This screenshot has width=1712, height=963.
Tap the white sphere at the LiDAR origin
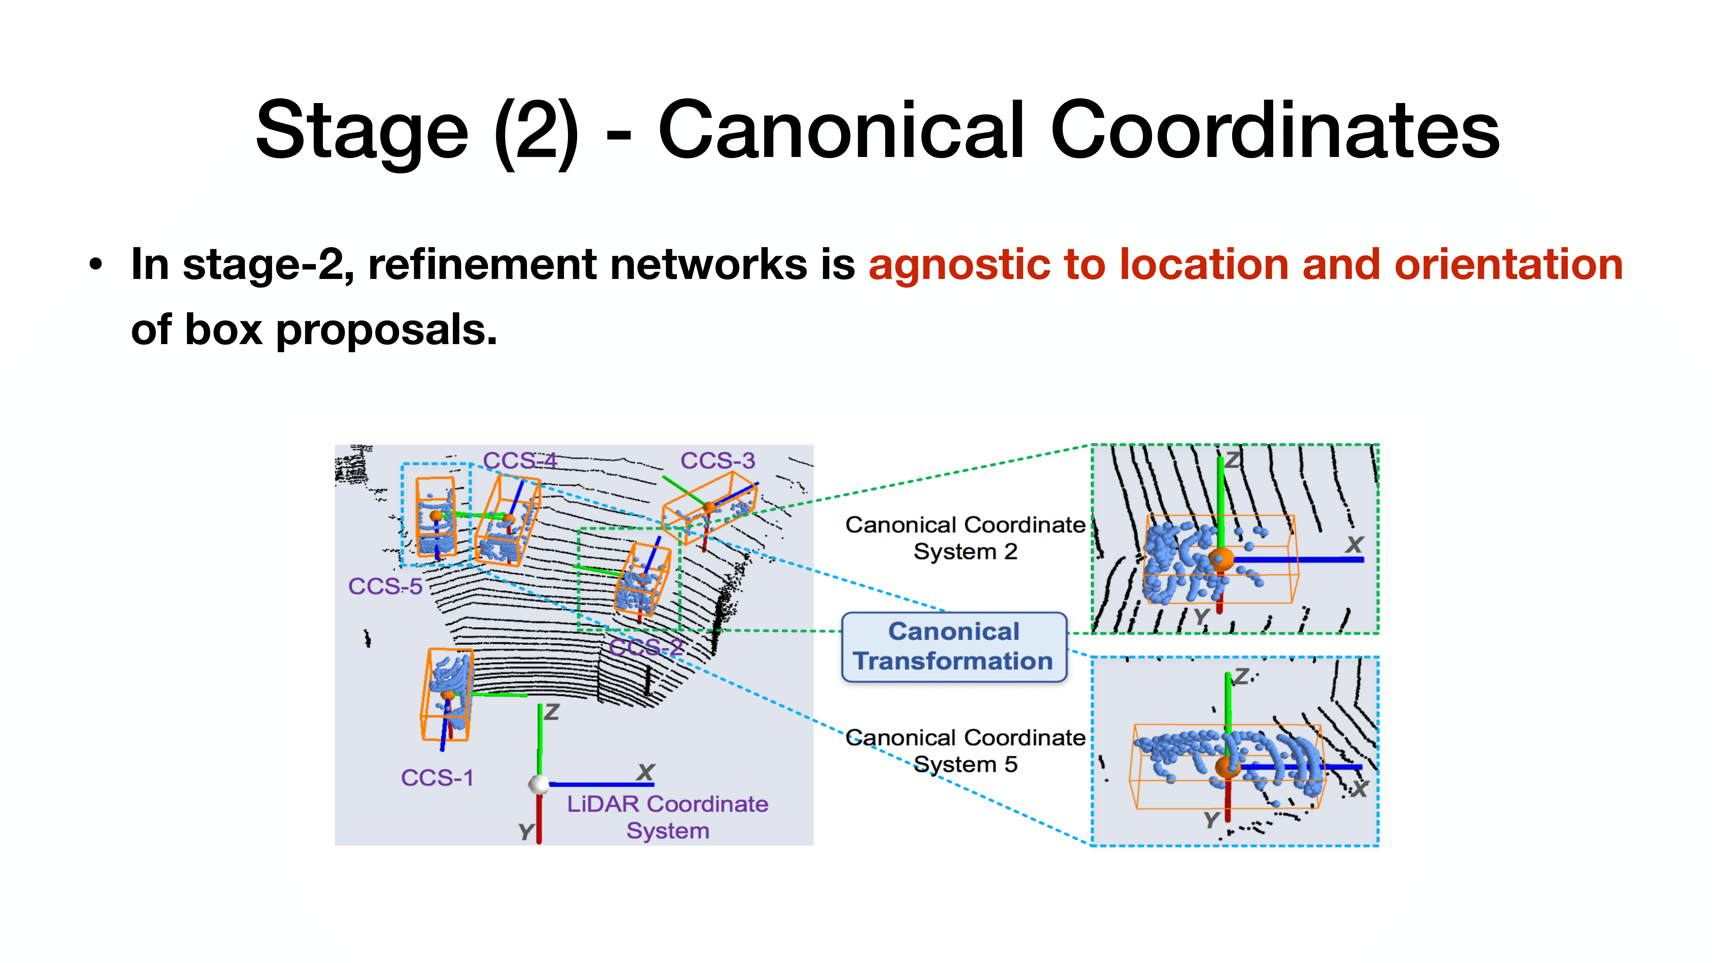point(538,784)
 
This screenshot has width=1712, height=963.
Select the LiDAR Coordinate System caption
point(667,817)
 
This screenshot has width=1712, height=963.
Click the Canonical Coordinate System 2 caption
point(965,538)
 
